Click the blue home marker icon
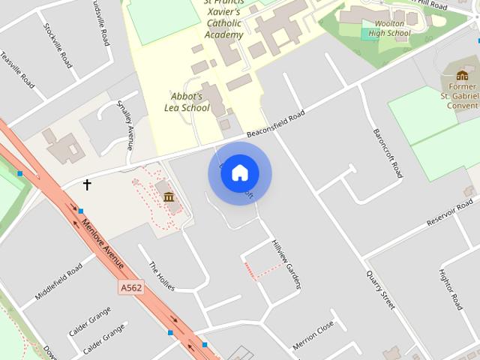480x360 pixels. point(240,173)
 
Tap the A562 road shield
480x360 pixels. point(130,286)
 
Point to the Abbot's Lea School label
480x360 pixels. point(186,102)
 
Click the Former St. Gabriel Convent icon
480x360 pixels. point(462,75)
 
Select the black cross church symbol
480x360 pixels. point(87,184)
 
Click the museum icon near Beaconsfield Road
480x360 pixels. point(169,197)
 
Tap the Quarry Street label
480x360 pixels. point(380,289)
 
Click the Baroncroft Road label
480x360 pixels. point(388,153)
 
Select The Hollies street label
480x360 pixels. point(161,277)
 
